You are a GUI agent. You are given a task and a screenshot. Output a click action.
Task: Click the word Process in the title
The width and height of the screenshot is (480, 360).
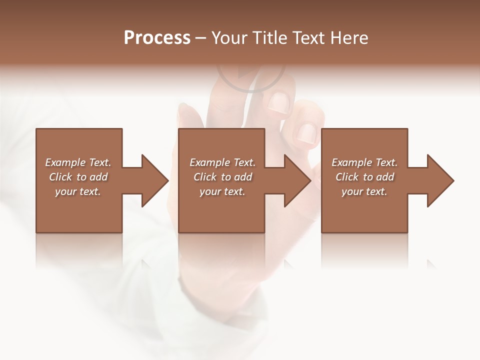pos(157,38)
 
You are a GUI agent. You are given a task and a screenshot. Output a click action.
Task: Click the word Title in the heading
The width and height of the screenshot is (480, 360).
pos(266,38)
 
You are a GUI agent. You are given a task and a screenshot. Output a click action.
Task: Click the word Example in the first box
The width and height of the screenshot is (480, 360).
pos(65,162)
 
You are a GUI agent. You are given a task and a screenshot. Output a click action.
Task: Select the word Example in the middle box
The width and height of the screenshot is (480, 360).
pos(210,162)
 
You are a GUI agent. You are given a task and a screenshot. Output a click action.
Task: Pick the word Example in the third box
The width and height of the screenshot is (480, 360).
pos(352,162)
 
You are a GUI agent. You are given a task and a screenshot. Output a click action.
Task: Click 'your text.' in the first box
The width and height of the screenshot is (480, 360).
pos(78,191)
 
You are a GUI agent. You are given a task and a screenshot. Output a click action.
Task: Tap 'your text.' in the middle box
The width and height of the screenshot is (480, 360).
pos(222,191)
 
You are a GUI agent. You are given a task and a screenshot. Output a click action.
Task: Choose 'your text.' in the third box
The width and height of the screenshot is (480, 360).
pos(364,191)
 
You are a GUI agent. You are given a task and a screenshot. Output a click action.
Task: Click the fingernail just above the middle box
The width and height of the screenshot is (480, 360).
pos(277,102)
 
